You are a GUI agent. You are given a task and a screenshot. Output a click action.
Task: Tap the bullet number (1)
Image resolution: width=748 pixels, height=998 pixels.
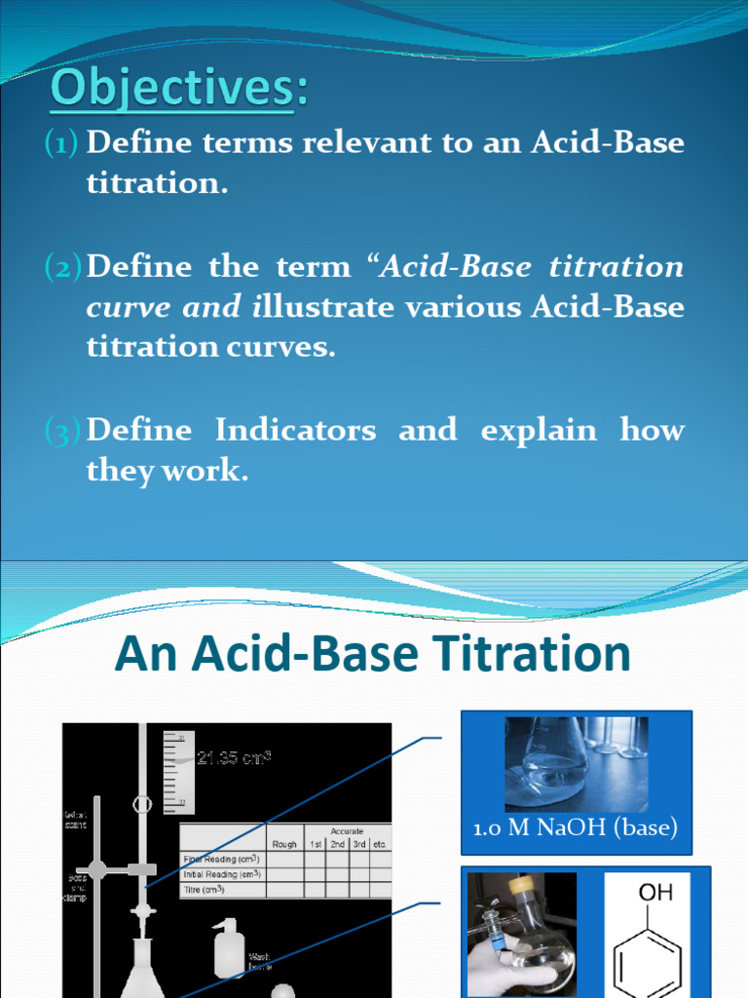point(64,144)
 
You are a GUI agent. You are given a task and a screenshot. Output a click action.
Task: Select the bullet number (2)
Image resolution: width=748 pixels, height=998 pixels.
point(64,267)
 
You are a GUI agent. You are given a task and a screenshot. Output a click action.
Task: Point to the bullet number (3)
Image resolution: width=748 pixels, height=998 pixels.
point(64,431)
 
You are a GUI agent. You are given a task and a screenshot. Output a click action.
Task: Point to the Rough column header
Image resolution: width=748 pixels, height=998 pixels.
point(285,844)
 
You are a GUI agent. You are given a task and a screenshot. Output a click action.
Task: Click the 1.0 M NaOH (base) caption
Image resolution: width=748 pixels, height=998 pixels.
point(575,829)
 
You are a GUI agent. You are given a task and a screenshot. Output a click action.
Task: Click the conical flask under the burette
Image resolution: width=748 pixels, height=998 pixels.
point(142,970)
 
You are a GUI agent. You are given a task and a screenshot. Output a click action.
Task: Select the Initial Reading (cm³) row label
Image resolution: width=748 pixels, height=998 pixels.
point(227,874)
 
